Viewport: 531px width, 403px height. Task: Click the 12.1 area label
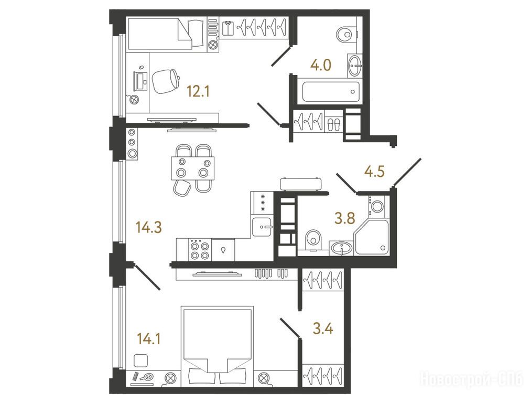198,91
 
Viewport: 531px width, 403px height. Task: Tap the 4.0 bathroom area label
321,65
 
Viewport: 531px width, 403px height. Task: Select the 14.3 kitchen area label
149,227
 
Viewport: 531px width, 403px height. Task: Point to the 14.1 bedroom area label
149,338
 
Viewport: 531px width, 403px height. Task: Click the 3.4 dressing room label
323,329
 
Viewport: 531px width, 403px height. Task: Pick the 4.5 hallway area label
374,172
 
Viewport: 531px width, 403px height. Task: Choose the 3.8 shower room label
345,219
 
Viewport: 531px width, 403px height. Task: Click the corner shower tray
372,237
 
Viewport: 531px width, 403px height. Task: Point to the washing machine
377,206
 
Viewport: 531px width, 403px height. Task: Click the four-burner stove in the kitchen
199,250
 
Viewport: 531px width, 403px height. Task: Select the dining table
193,168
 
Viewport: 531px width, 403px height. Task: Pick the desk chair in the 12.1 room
166,81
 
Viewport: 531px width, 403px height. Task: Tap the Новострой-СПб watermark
471,378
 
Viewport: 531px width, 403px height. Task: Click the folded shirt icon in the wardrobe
228,28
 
